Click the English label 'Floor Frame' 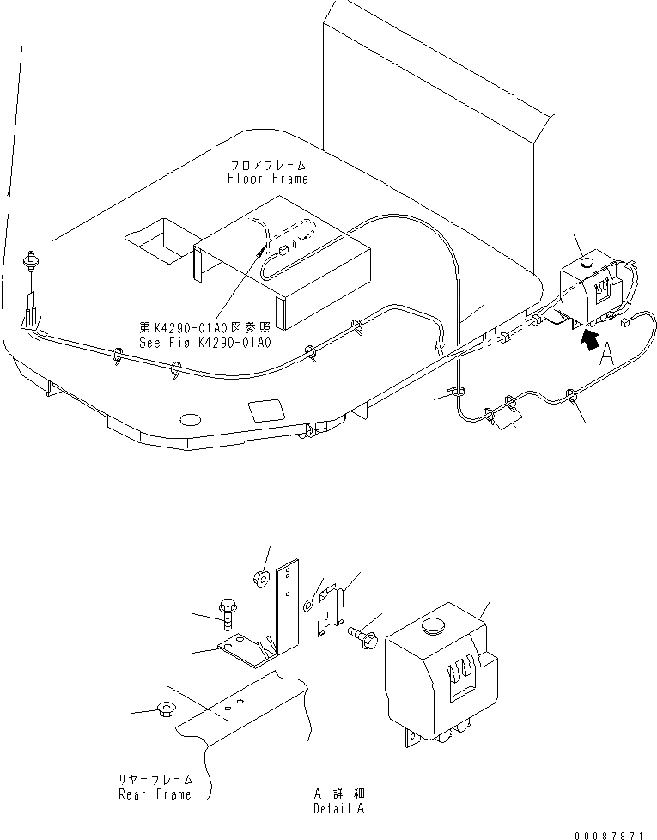(x=267, y=179)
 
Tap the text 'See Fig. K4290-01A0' (x=205, y=342)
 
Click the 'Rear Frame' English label (x=155, y=794)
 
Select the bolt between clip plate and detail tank (x=362, y=636)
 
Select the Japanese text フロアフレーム (x=267, y=164)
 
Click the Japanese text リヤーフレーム (x=155, y=780)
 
